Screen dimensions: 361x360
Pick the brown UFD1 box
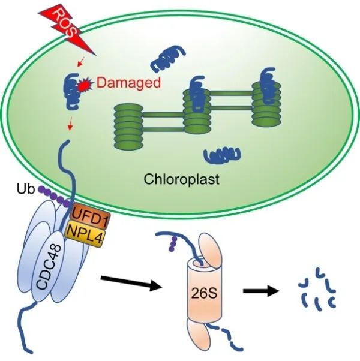click(x=88, y=211)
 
